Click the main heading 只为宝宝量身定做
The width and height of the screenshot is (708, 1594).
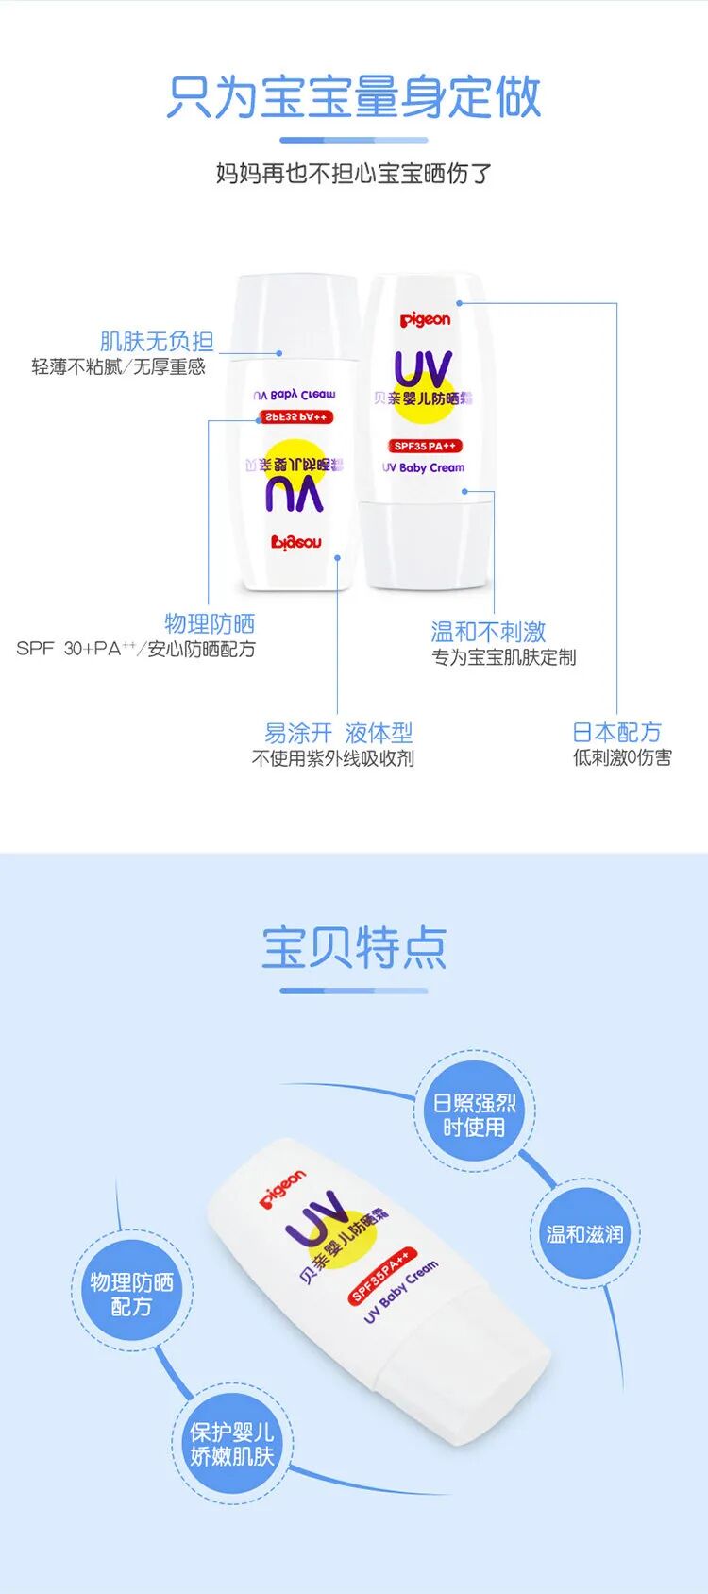pyautogui.click(x=354, y=97)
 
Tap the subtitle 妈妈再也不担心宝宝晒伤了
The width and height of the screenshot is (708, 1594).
pyautogui.click(x=354, y=174)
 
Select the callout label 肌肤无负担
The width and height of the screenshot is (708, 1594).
pyautogui.click(x=157, y=341)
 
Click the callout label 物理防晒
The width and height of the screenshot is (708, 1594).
pyautogui.click(x=210, y=623)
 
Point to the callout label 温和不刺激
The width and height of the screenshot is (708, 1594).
pyautogui.click(x=488, y=632)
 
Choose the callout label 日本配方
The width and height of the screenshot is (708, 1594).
pyautogui.click(x=616, y=732)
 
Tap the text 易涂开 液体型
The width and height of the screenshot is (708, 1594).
pyautogui.click(x=338, y=733)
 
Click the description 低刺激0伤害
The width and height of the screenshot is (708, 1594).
pyautogui.click(x=622, y=757)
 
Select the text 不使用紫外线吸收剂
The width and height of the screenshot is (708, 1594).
pyautogui.click(x=332, y=758)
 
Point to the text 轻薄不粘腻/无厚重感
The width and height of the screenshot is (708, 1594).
pyautogui.click(x=118, y=366)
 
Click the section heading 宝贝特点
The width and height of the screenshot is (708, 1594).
pyautogui.click(x=354, y=947)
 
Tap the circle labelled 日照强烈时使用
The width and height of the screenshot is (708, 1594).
pyautogui.click(x=474, y=1115)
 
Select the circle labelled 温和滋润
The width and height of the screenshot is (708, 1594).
pyautogui.click(x=585, y=1233)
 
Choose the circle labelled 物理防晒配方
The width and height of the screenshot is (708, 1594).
pyautogui.click(x=131, y=1294)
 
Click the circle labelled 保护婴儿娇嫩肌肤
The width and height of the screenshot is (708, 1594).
pyautogui.click(x=231, y=1445)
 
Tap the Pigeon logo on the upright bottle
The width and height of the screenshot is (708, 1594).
pyautogui.click(x=425, y=319)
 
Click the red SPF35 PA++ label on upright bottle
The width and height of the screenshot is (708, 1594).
pyautogui.click(x=425, y=446)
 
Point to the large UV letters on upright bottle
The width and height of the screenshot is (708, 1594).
pyautogui.click(x=423, y=369)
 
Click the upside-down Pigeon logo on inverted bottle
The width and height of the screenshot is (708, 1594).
pyautogui.click(x=296, y=542)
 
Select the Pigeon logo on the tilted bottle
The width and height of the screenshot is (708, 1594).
pyautogui.click(x=282, y=1189)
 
